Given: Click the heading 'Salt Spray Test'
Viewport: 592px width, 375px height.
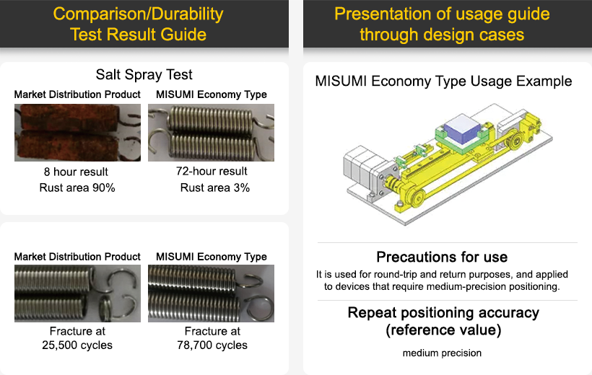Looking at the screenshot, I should point(144,74).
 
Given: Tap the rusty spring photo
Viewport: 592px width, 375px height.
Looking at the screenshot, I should point(77,132).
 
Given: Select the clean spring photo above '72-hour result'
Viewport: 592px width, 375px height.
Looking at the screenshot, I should point(211,132).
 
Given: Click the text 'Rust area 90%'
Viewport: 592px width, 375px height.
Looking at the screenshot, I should point(77,187).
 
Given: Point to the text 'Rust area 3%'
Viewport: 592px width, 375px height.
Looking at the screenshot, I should point(214,187).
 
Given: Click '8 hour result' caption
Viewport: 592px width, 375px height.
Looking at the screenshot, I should point(76,172).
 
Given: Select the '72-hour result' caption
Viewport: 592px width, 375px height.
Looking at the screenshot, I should point(212,171).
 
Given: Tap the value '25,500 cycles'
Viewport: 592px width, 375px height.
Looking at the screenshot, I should point(77,345).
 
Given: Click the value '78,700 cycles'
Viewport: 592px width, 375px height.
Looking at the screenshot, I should point(212,345).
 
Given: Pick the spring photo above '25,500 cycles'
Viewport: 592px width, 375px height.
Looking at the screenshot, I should point(77,294).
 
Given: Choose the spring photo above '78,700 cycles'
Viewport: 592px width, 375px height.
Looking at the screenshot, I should point(211,294).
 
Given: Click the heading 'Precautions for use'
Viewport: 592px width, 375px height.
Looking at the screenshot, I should point(442,257).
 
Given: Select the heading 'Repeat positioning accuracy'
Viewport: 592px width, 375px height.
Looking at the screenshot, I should point(443,313).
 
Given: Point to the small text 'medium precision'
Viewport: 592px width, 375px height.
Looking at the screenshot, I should point(443,353).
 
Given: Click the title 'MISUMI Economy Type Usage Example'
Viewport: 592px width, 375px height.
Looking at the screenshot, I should point(443,81).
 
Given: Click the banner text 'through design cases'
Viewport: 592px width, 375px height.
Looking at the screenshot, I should point(442,34).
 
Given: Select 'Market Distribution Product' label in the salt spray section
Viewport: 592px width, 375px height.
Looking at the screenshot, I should point(77,94).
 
